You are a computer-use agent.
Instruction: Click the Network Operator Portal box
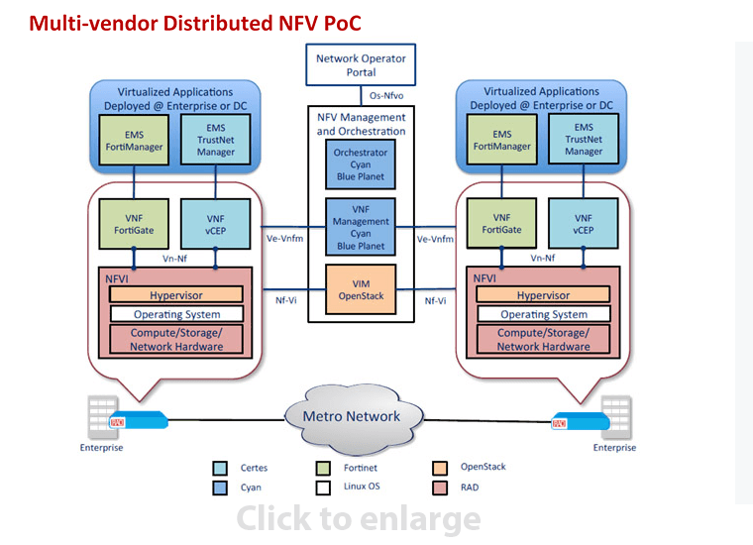(x=361, y=65)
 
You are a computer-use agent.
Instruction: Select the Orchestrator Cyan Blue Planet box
(x=361, y=165)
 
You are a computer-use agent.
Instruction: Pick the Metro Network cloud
(x=352, y=416)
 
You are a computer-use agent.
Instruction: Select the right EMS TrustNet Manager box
(x=584, y=140)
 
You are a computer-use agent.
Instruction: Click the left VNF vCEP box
(x=215, y=224)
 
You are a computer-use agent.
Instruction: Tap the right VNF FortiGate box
(x=503, y=224)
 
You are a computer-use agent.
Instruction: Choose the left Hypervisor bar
(x=176, y=295)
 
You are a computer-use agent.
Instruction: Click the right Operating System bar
(x=543, y=314)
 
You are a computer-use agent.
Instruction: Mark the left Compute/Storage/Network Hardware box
(x=176, y=340)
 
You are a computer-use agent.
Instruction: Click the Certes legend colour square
(x=221, y=468)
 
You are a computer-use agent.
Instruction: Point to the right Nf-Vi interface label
(x=435, y=300)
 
